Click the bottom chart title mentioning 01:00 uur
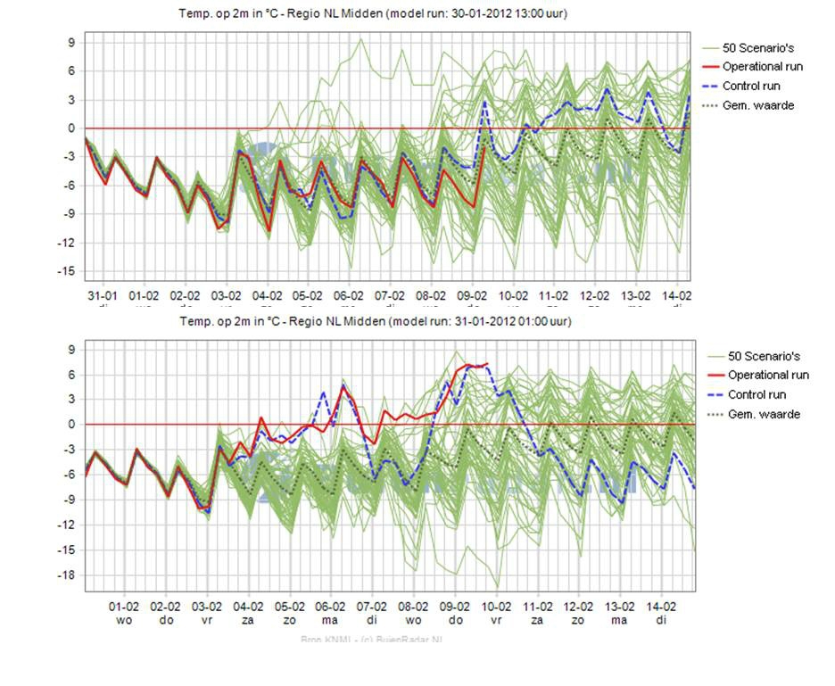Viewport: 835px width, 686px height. point(376,321)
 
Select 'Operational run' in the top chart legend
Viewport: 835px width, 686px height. point(763,67)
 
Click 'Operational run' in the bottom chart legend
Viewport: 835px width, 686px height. point(768,375)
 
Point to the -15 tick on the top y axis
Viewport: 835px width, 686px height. point(67,272)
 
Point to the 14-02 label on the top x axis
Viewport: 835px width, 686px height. point(677,295)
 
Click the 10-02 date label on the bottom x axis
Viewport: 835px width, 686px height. point(496,605)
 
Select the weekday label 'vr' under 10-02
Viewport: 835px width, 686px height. point(496,619)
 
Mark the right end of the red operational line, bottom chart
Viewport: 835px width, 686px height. point(487,364)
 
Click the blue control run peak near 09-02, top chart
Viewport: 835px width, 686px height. point(485,101)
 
